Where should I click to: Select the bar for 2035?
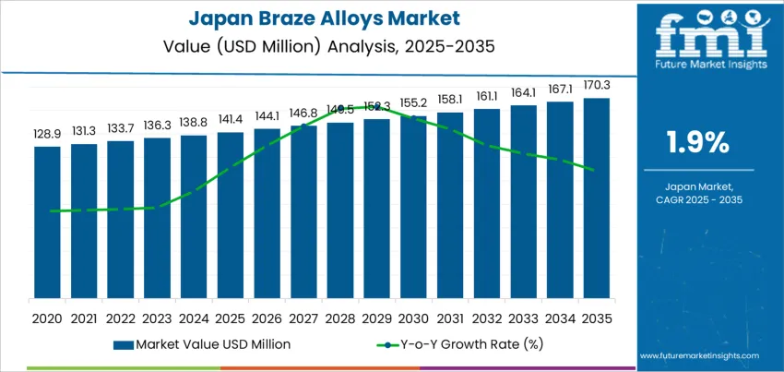(597, 198)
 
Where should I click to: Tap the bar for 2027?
(303, 211)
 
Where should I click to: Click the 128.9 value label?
(47, 135)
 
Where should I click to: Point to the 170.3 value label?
(597, 86)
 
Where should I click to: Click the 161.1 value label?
(487, 95)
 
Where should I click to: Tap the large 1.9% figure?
(698, 142)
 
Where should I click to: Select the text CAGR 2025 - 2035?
(698, 199)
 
